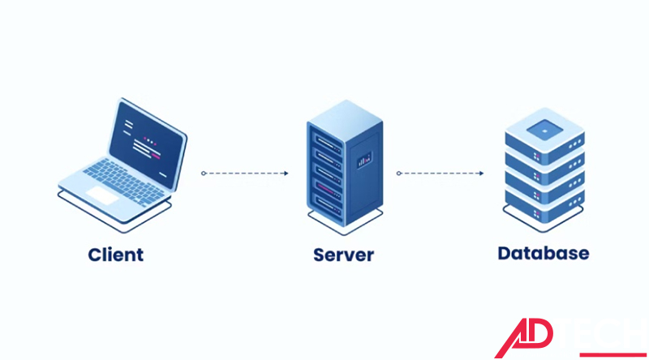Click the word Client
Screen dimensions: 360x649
[116, 254]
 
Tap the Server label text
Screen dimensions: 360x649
[343, 255]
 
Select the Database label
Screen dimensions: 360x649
[543, 253]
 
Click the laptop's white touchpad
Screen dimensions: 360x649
[102, 195]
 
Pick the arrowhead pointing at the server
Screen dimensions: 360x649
[286, 173]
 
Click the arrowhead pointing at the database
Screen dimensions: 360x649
[482, 173]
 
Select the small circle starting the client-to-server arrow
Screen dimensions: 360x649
[204, 173]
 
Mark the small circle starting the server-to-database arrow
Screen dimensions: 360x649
[399, 173]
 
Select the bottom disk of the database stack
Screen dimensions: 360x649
[543, 203]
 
